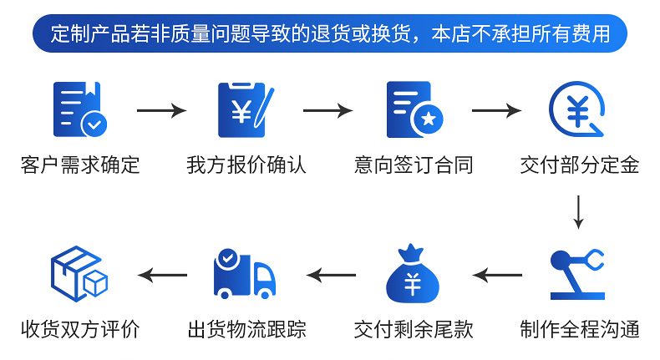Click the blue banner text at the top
pyautogui.click(x=330, y=34)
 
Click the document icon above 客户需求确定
pyautogui.click(x=79, y=109)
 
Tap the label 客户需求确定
pyautogui.click(x=79, y=165)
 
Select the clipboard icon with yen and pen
pyautogui.click(x=245, y=109)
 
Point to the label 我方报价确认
pyautogui.click(x=246, y=165)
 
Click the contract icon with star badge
pyautogui.click(x=414, y=109)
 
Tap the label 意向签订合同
pyautogui.click(x=414, y=165)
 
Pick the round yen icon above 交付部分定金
pyautogui.click(x=578, y=109)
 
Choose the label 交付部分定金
pyautogui.click(x=579, y=165)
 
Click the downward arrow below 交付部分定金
pyautogui.click(x=578, y=211)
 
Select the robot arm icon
pyautogui.click(x=577, y=274)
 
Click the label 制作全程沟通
pyautogui.click(x=579, y=328)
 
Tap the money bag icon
pyautogui.click(x=413, y=274)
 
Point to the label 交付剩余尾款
pyautogui.click(x=414, y=328)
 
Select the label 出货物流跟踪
pyautogui.click(x=246, y=328)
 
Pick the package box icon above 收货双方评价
pyautogui.click(x=79, y=272)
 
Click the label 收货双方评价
pyautogui.click(x=79, y=328)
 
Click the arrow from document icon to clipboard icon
pyautogui.click(x=161, y=110)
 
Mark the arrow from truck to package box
pyautogui.click(x=162, y=275)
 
